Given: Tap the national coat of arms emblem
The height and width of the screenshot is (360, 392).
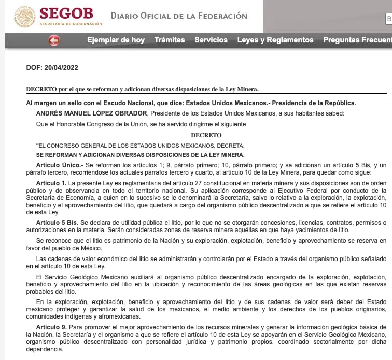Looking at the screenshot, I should (24, 17).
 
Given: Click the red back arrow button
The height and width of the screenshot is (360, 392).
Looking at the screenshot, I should (53, 40).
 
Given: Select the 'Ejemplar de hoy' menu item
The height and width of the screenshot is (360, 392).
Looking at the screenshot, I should (116, 40).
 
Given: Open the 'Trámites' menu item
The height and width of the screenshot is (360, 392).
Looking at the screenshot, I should (170, 40).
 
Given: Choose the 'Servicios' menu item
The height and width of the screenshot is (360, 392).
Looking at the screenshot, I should (211, 40).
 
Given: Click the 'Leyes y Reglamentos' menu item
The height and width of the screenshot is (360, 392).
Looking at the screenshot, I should (275, 40).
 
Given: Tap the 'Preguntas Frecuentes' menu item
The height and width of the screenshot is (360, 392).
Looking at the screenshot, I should (357, 40).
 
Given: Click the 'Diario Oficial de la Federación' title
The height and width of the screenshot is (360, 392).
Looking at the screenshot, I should (179, 16).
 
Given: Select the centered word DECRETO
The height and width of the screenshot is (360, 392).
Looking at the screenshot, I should (206, 135).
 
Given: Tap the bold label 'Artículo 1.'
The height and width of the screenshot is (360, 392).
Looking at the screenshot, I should (51, 184).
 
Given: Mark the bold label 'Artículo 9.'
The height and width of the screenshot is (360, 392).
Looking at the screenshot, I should (51, 328).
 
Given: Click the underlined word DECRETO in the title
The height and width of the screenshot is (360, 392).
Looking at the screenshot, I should (41, 89).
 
